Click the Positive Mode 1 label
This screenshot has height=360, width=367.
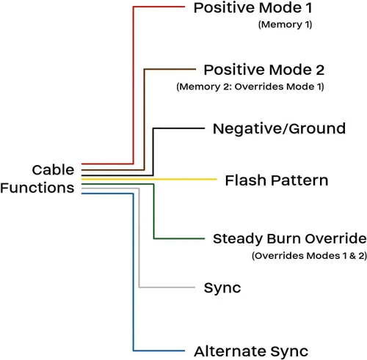point(252,8)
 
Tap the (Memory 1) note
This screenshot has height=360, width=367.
point(285,25)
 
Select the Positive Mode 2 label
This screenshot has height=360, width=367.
point(264,70)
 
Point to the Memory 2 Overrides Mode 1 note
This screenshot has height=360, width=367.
point(250,87)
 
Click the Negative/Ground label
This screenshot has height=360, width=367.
point(279,129)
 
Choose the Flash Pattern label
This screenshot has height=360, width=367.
point(277,180)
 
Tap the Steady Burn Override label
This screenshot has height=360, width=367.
point(290,239)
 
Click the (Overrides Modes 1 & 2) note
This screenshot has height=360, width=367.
point(310,256)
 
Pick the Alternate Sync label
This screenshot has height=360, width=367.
point(251,352)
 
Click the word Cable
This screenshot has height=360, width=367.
point(53,170)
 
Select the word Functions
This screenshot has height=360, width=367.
point(37,188)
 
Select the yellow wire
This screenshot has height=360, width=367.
point(149,180)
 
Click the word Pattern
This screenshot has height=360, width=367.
point(300,180)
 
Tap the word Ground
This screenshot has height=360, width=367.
point(317,129)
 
